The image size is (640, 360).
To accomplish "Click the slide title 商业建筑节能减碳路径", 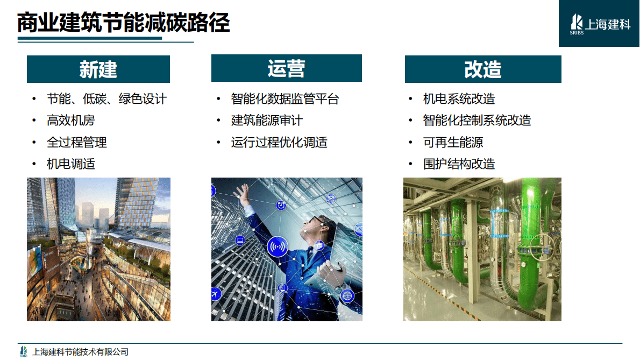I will click(x=124, y=24).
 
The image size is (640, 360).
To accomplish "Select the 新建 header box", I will click(x=98, y=69).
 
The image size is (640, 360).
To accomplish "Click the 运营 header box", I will click(x=286, y=68).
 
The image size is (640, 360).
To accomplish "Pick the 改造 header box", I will click(x=482, y=69).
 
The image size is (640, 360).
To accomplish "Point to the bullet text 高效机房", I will click(x=71, y=121).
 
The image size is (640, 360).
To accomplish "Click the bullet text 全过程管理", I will click(x=77, y=142).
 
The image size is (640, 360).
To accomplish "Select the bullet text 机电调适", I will click(x=71, y=164).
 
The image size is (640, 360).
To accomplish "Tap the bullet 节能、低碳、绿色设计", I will click(x=106, y=99).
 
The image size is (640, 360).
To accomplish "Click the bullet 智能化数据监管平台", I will click(x=285, y=99).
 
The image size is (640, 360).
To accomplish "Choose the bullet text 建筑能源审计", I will click(x=267, y=121).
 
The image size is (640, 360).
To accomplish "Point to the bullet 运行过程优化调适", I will click(x=279, y=142).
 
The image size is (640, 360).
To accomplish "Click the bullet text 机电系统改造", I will click(x=459, y=99).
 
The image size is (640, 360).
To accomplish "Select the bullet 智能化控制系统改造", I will click(x=477, y=121).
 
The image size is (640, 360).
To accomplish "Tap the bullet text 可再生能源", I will click(x=453, y=142).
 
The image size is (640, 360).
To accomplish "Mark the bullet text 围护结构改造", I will click(x=459, y=164).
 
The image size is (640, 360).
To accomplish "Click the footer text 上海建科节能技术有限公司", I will click(x=81, y=352).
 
